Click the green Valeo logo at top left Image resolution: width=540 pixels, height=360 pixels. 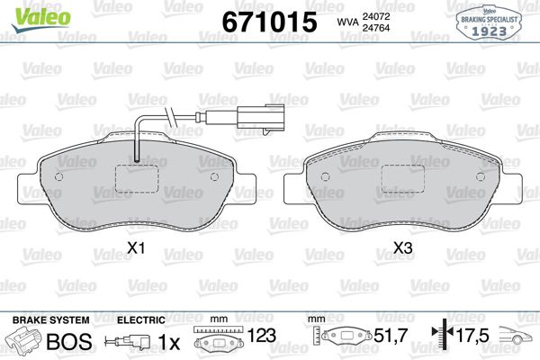tap(41, 19)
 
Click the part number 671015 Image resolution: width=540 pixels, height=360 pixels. tap(269, 22)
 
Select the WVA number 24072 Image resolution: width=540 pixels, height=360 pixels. tap(375, 16)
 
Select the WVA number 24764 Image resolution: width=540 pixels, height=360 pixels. tap(375, 28)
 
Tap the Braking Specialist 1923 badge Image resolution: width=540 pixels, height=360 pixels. tap(489, 22)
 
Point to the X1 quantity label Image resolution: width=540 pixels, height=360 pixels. tap(136, 247)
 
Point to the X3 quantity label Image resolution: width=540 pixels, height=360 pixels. tap(403, 247)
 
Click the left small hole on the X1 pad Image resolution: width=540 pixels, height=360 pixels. tap(58, 176)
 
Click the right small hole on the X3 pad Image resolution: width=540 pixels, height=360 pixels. tap(481, 176)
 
